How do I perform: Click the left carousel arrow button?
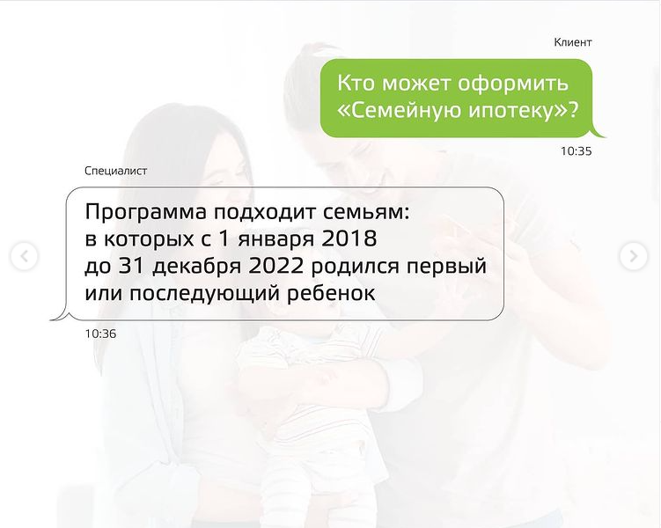(25, 256)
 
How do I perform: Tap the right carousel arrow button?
(633, 256)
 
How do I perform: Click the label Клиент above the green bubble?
(573, 42)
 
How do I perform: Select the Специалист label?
(115, 171)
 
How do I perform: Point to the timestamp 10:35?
(576, 150)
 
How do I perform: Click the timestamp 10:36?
(100, 334)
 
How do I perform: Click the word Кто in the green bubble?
(356, 83)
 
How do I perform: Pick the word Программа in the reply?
(146, 212)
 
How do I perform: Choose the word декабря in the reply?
(197, 267)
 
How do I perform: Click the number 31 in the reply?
(130, 266)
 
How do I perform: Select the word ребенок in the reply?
(331, 293)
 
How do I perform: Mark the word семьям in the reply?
(366, 213)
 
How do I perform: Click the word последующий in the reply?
(204, 294)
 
